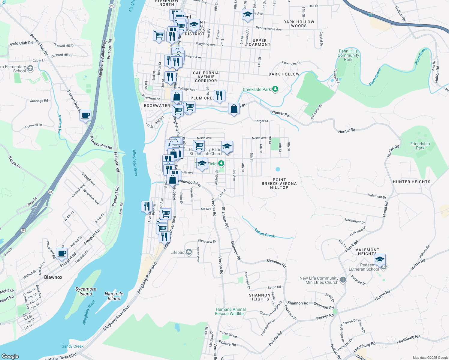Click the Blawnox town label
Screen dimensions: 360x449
coord(53,277)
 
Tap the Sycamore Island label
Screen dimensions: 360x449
coord(86,291)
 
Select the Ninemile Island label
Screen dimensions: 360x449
coord(114,296)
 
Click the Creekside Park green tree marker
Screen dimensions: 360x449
coord(275,89)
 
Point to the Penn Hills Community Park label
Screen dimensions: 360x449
coord(348,55)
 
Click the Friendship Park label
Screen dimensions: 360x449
coord(420,146)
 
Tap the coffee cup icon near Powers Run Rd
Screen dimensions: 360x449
coord(86,115)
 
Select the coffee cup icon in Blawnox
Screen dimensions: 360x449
coord(62,253)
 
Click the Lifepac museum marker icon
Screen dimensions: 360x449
coord(189,252)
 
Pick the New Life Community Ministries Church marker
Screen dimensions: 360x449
coord(343,280)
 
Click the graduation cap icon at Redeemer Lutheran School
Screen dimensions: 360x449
coord(380,260)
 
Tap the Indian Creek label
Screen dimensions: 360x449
coord(265,233)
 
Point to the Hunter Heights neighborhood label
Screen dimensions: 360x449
coord(411,182)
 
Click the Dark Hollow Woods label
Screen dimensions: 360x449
coord(299,24)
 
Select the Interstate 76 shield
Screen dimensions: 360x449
coord(371,15)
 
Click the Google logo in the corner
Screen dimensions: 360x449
coord(10,356)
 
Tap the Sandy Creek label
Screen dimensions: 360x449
coord(73,346)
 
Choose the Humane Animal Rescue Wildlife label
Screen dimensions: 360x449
coord(231,311)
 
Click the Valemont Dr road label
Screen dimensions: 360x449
coord(377,196)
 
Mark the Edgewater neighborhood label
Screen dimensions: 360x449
coord(157,106)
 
